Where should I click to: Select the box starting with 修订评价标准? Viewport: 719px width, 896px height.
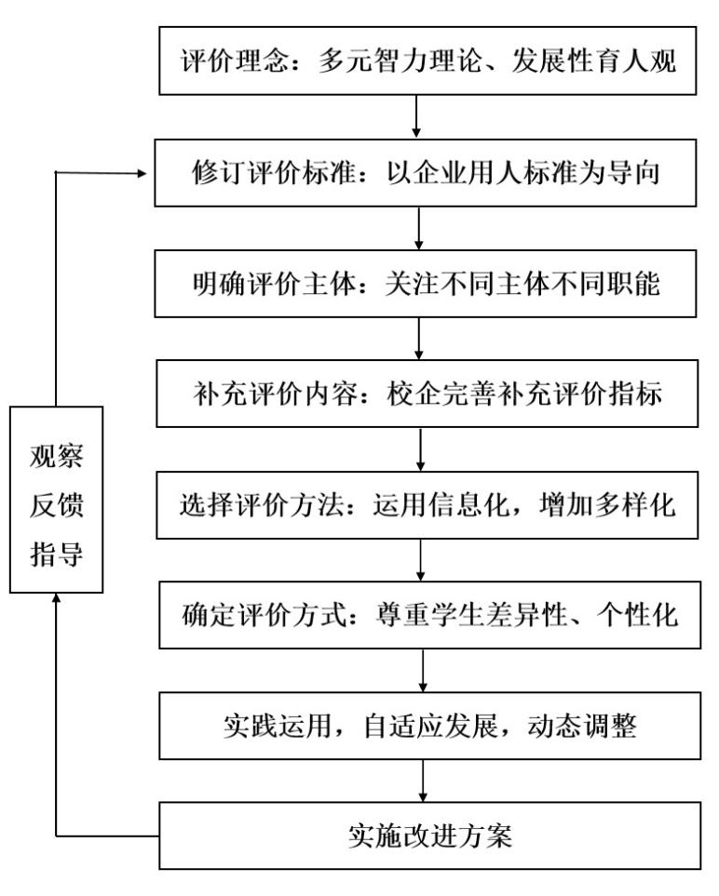(427, 173)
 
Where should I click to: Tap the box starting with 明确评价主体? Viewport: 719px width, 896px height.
(427, 284)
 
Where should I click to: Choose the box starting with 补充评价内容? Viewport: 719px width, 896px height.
(427, 394)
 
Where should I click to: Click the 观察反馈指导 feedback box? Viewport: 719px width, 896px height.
(56, 500)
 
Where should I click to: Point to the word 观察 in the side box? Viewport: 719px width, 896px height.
(56, 458)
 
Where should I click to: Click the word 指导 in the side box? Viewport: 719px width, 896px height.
(56, 556)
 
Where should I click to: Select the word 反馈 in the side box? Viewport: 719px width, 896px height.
(56, 507)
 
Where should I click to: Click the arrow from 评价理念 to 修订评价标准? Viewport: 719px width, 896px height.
(417, 116)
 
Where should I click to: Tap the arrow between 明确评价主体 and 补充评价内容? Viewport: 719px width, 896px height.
(420, 338)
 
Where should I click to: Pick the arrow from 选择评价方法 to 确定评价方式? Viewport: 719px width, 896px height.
(422, 558)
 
